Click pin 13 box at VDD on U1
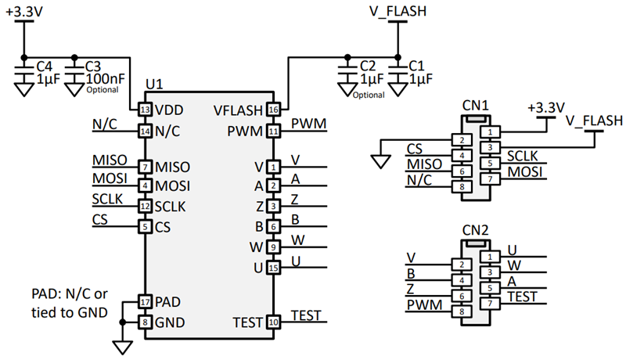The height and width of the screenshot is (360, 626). tap(145, 110)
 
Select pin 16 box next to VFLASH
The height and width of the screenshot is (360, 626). tap(273, 110)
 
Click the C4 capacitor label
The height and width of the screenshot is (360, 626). tap(45, 65)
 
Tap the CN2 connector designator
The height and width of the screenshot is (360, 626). tap(476, 232)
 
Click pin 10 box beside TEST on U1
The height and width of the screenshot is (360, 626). tap(273, 322)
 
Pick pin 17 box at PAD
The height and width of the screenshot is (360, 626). tap(145, 301)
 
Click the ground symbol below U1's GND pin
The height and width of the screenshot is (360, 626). tap(121, 346)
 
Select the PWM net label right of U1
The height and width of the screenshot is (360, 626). tap(308, 124)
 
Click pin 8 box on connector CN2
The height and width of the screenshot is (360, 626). tap(462, 311)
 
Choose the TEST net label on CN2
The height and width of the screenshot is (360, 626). tap(523, 297)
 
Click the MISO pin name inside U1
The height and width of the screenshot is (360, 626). tap(172, 167)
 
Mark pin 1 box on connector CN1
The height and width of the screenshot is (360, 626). tap(490, 132)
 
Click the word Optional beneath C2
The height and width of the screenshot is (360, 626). tap(369, 95)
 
